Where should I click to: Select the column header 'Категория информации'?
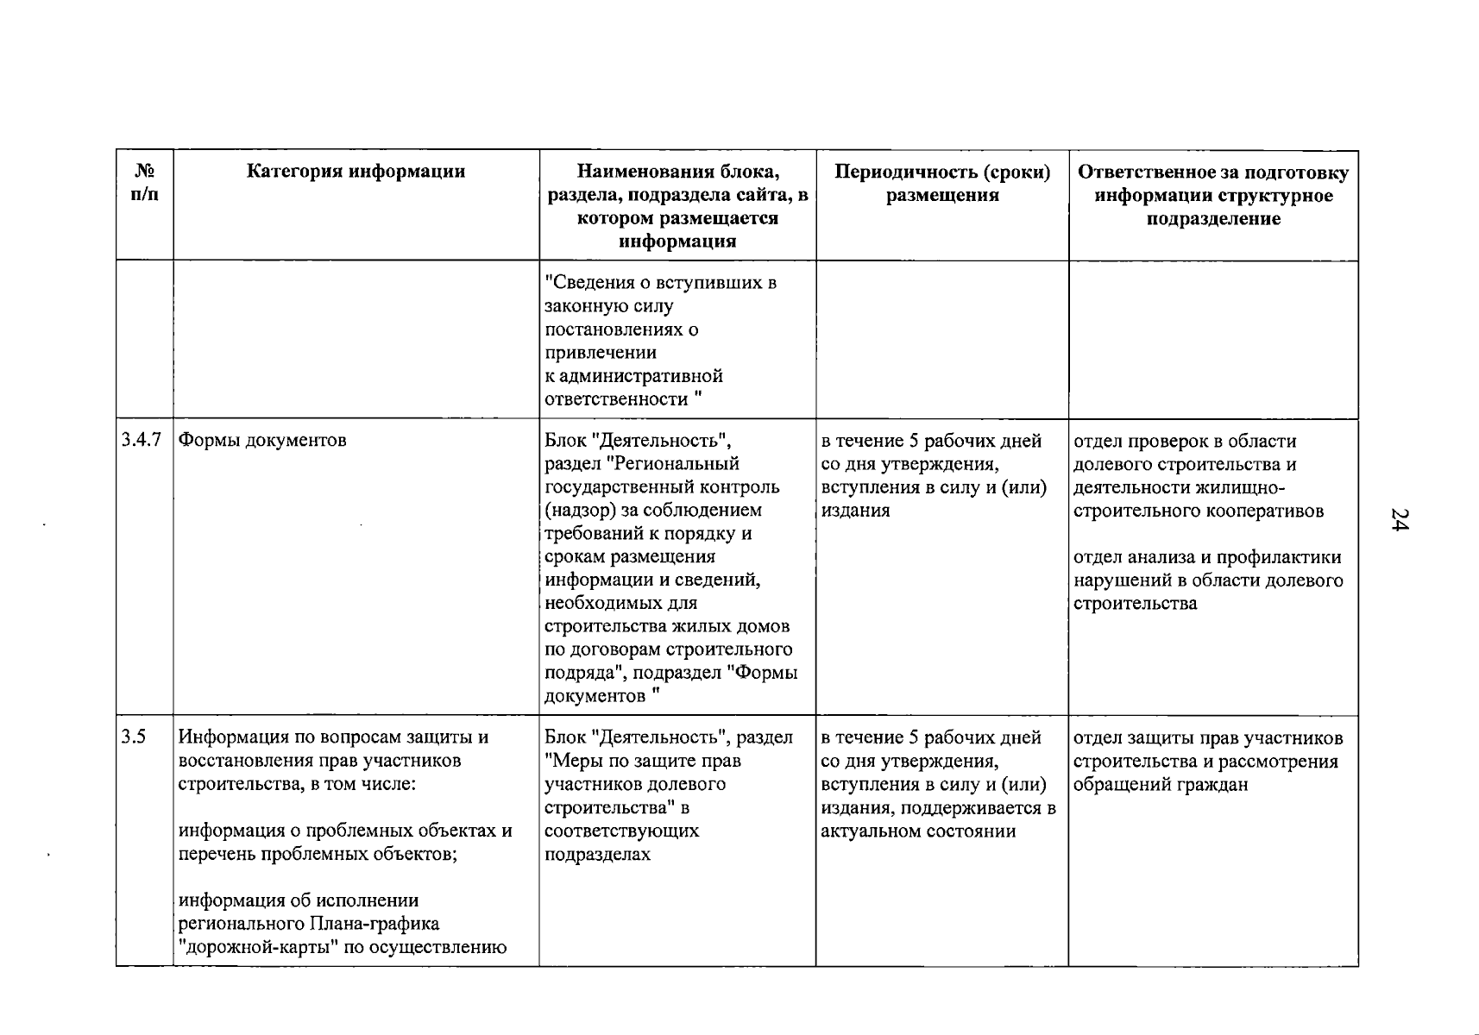[x=356, y=172]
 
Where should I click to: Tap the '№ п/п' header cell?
[x=145, y=183]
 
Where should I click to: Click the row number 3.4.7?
[x=142, y=440]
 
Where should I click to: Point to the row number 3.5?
[x=134, y=737]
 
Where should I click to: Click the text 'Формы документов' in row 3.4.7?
[x=262, y=441]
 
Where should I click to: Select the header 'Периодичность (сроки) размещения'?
[x=942, y=184]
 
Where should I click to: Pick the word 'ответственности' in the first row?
[x=617, y=399]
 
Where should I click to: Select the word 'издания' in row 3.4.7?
[x=855, y=511]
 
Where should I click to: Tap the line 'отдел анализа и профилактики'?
[x=1207, y=557]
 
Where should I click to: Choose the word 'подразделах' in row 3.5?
[x=597, y=855]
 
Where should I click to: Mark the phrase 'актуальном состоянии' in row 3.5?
[x=918, y=831]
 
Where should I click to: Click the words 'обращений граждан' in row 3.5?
[x=1161, y=785]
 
